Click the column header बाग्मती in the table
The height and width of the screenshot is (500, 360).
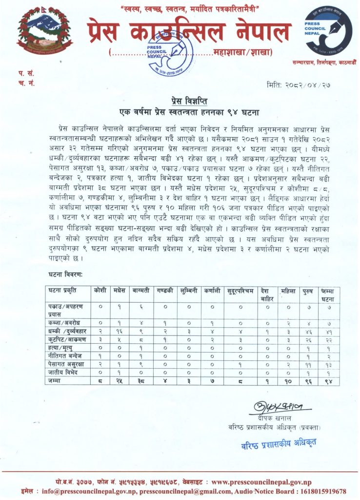[140, 291]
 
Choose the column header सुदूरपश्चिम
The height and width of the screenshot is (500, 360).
[240, 291]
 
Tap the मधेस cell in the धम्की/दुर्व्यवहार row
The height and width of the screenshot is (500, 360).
[119, 332]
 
